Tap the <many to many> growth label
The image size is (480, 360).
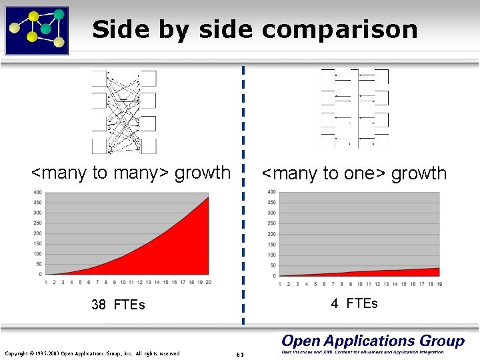pos(131,173)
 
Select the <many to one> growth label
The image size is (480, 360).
pos(354,173)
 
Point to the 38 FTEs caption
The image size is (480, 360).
pos(118,305)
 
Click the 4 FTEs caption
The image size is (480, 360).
pos(354,303)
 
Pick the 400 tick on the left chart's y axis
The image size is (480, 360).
pos(37,193)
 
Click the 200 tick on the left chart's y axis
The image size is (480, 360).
pos(37,233)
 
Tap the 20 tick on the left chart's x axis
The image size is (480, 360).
pos(208,283)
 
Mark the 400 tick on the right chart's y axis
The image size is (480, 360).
pos(271,193)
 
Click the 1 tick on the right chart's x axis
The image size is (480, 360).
pos(279,284)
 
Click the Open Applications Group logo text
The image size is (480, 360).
pos(373,341)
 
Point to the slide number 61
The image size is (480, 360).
pos(241,354)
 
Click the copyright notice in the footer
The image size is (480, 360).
pos(92,353)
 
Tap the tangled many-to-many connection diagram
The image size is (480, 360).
pos(124,111)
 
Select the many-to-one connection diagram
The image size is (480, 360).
pos(355,109)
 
